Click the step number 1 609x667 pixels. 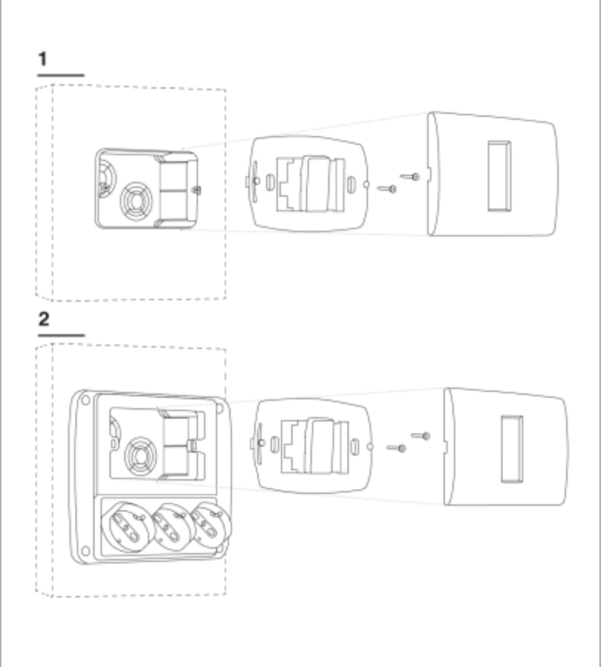44,60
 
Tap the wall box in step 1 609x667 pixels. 148,188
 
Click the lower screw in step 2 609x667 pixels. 397,447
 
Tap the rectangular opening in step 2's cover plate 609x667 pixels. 511,448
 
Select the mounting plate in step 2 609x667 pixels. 314,447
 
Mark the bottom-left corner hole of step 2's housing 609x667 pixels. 86,549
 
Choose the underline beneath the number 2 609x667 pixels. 61,335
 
